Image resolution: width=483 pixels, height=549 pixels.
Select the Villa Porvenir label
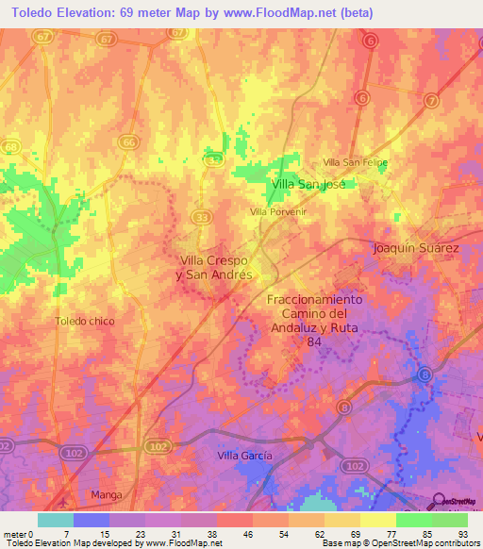pos(279,212)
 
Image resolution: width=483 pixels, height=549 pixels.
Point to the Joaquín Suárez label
pos(416,248)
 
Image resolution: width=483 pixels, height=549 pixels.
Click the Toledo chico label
pos(85,321)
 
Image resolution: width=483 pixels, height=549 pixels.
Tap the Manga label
pos(107,494)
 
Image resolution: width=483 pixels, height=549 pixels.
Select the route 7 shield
pos(431,100)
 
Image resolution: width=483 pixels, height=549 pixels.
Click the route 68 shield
pos(10,147)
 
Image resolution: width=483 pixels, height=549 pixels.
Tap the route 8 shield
pos(425,375)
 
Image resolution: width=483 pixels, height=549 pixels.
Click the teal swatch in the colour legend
pos(56,519)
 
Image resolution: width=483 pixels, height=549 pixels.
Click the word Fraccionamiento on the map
pos(314,299)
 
